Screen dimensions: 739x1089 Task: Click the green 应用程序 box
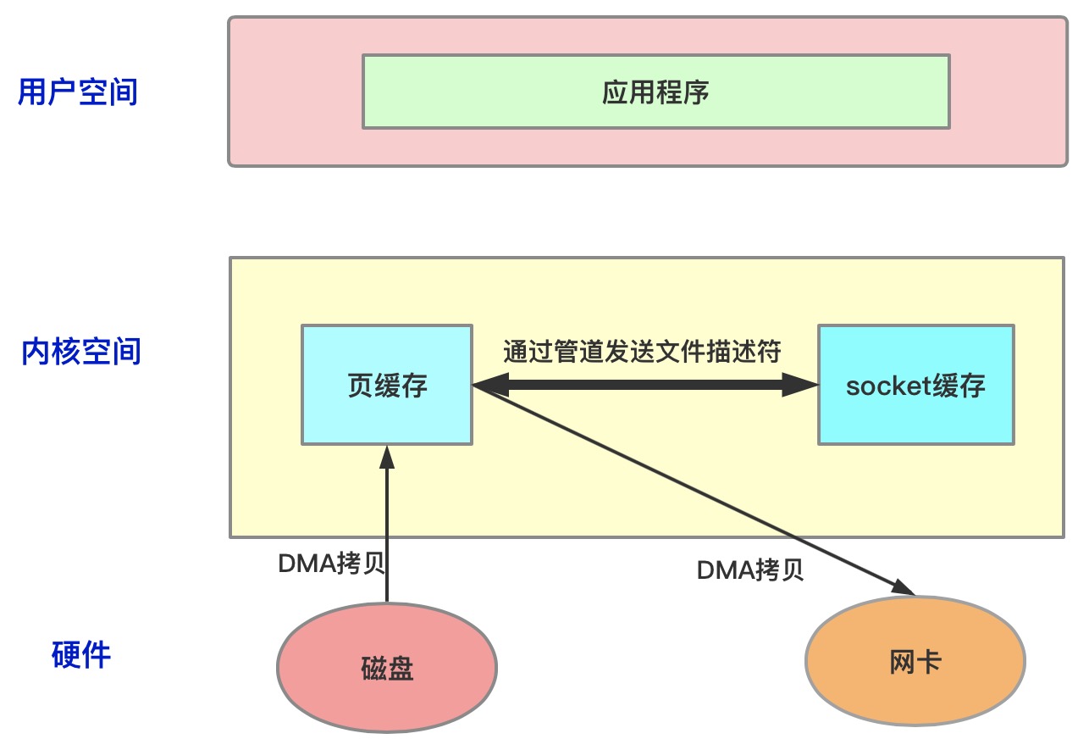click(x=655, y=92)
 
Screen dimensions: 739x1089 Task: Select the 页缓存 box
click(x=387, y=384)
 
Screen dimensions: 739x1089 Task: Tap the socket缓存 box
click(x=915, y=384)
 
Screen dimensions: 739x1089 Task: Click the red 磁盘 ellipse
click(x=387, y=668)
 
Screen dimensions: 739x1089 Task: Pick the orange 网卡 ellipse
click(x=915, y=661)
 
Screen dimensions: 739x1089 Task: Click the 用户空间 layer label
click(x=78, y=92)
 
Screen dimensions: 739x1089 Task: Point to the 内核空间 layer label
click(x=80, y=351)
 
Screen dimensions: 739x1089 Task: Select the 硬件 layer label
click(x=80, y=654)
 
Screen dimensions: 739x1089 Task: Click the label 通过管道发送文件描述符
click(x=642, y=351)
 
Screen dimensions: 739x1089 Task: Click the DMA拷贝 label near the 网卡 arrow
click(x=750, y=570)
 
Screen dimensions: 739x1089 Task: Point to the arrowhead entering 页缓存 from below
click(x=387, y=455)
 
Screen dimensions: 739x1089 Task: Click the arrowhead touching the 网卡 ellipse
click(x=904, y=587)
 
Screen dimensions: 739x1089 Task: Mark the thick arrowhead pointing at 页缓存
click(x=489, y=386)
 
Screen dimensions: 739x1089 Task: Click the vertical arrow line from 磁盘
click(x=387, y=534)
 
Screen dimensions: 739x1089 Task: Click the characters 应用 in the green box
click(x=628, y=92)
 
